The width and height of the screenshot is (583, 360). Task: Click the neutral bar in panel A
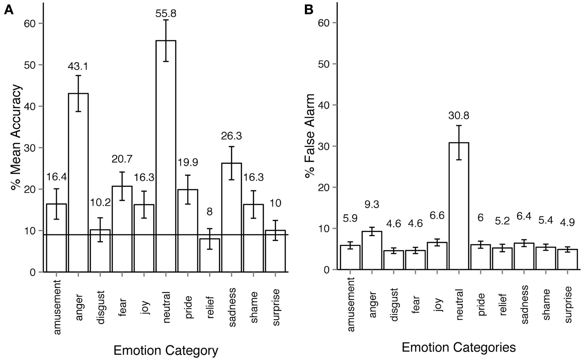point(166,156)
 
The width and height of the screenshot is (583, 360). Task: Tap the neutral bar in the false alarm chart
point(459,206)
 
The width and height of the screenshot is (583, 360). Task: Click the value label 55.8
point(166,13)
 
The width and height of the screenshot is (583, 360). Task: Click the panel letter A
point(9,10)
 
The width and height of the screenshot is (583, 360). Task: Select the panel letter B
point(309,10)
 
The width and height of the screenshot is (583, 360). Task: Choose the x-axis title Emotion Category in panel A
point(165,351)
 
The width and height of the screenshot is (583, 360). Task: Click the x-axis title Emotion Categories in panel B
point(458,348)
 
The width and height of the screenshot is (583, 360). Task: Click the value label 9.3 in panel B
point(372,204)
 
